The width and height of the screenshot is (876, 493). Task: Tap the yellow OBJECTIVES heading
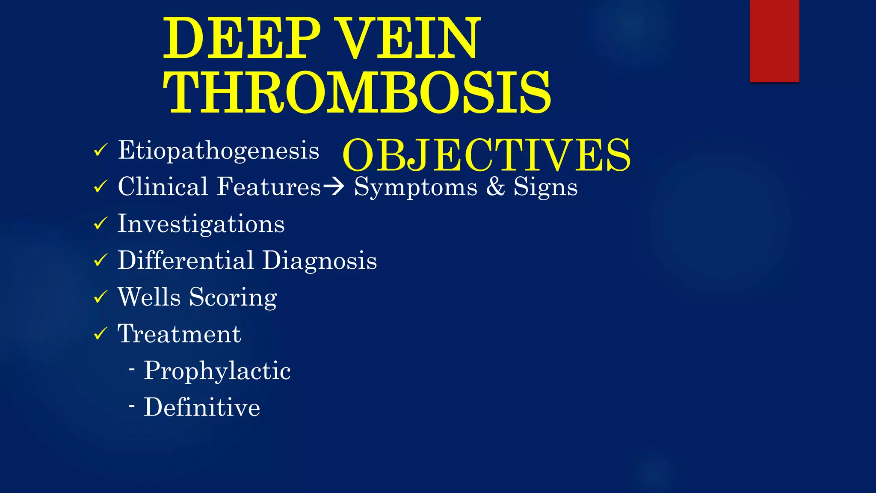click(486, 155)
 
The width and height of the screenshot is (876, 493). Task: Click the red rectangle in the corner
click(774, 41)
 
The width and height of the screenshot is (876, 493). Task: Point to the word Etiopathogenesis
click(219, 151)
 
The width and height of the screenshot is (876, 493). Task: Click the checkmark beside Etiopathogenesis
click(100, 151)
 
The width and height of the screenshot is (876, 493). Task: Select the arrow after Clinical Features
click(334, 187)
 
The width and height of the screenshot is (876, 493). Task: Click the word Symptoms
click(415, 187)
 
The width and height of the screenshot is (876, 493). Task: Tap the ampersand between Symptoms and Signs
click(495, 187)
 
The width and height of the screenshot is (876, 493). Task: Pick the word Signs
click(545, 187)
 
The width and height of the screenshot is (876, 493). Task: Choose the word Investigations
click(201, 224)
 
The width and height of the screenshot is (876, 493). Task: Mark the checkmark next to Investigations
click(100, 223)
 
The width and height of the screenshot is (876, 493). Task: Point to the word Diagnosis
click(320, 261)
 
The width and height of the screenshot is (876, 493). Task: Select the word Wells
click(149, 297)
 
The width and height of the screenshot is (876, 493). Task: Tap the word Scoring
click(233, 298)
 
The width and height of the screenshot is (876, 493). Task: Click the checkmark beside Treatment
click(100, 333)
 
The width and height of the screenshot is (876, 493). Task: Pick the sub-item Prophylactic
click(217, 371)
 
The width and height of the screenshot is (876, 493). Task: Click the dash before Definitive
click(132, 405)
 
